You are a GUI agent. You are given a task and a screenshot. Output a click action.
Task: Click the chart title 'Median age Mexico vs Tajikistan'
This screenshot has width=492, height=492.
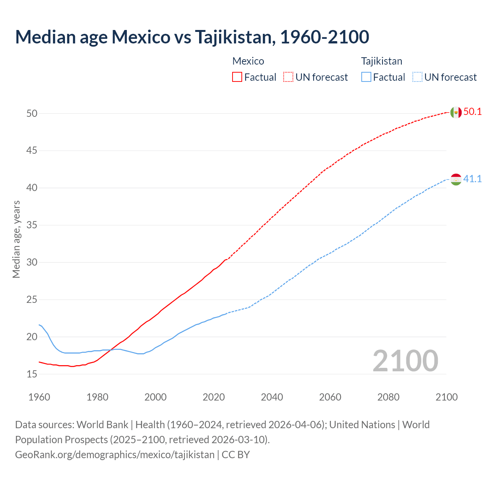tap(192, 37)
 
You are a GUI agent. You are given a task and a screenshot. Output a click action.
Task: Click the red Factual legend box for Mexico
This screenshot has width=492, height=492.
tap(237, 77)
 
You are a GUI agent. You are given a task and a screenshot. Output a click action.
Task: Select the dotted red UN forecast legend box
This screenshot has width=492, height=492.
tap(288, 77)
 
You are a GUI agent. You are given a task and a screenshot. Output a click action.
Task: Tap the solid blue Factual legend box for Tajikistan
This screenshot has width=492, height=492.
tap(366, 77)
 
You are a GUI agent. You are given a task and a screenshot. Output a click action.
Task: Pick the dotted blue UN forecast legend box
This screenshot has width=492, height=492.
tap(417, 77)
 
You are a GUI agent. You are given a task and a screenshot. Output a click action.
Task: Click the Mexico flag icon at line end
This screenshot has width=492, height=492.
tap(456, 112)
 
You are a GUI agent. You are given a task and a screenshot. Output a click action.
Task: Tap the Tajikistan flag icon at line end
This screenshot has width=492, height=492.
tap(456, 180)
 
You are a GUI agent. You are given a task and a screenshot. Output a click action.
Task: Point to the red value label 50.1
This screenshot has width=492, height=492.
tap(472, 112)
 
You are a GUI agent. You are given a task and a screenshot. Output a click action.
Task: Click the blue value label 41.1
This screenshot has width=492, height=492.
tap(472, 179)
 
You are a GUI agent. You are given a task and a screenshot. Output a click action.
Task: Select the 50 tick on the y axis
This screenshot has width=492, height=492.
tap(32, 113)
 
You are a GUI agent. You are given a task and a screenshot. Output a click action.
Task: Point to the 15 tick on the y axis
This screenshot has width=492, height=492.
tap(32, 374)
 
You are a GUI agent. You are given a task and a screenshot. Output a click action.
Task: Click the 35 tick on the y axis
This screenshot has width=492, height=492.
tap(32, 225)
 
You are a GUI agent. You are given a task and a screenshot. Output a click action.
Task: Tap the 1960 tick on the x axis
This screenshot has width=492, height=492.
tap(39, 397)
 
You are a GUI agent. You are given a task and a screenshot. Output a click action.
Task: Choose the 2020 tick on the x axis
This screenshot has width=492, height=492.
tap(214, 397)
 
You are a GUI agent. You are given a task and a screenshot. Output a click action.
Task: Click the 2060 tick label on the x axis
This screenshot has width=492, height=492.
tap(330, 397)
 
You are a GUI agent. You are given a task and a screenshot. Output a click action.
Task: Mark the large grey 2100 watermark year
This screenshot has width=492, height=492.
tap(406, 361)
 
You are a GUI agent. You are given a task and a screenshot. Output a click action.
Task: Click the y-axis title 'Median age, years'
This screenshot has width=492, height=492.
tap(16, 239)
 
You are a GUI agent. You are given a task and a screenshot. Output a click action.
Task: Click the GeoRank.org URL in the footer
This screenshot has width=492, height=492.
tap(115, 455)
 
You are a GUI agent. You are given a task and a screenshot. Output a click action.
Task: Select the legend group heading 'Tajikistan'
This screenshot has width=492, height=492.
tap(382, 61)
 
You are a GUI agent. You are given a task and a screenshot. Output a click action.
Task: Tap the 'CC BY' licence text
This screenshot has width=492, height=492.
tap(236, 455)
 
